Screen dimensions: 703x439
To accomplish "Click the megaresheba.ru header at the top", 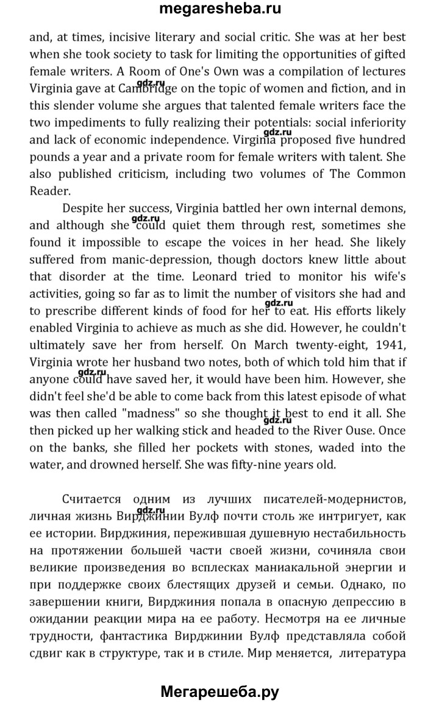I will tap(220, 10).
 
